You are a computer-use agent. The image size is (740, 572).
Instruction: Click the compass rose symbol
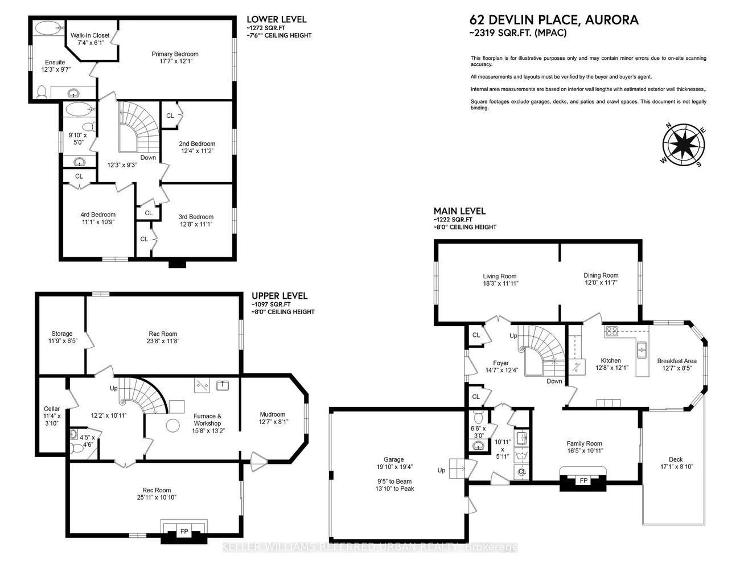click(x=683, y=145)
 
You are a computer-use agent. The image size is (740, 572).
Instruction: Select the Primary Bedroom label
click(x=175, y=54)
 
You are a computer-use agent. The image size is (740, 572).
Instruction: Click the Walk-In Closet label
click(x=90, y=36)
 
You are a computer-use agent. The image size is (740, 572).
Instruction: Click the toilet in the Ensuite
click(x=41, y=92)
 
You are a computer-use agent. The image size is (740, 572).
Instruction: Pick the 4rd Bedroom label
click(x=98, y=215)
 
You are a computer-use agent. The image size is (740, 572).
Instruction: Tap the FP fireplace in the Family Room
click(x=583, y=480)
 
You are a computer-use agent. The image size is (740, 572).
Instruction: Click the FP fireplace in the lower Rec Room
click(x=184, y=531)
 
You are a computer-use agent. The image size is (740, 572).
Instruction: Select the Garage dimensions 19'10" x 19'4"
click(x=393, y=467)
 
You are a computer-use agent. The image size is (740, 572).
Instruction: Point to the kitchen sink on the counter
click(x=642, y=348)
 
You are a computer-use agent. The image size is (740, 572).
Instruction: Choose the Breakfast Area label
click(x=677, y=361)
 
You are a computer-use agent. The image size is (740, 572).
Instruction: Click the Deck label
click(x=676, y=459)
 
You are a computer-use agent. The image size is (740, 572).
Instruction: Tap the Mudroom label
click(x=273, y=414)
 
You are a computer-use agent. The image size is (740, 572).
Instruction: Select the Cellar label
click(x=52, y=409)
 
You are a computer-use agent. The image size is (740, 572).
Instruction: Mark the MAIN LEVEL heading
click(x=459, y=211)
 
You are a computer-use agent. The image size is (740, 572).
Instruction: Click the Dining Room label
click(x=601, y=275)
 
